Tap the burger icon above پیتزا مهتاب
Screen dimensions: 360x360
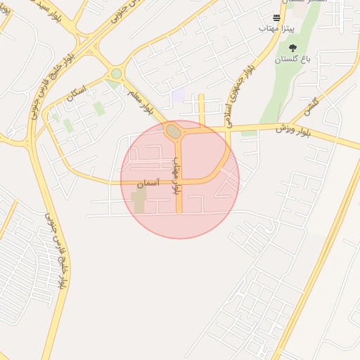(277, 18)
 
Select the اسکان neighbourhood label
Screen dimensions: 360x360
(76, 94)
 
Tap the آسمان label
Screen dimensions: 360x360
(148, 184)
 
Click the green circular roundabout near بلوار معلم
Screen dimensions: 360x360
(116, 73)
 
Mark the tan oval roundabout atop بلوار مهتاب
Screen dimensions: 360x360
(173, 131)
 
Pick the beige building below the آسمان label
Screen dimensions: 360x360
(139, 202)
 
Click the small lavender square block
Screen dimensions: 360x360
(179, 95)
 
